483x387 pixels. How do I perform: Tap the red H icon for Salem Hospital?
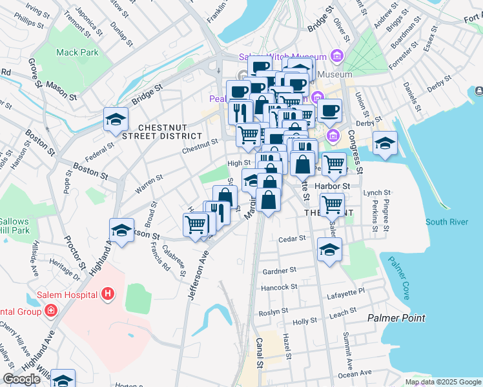pyautogui.click(x=108, y=295)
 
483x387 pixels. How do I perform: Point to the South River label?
pyautogui.click(x=447, y=222)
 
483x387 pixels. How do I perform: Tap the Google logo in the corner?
pyautogui.click(x=21, y=379)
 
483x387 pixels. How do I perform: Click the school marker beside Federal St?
pyautogui.click(x=116, y=119)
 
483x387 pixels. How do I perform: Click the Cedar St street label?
pyautogui.click(x=291, y=239)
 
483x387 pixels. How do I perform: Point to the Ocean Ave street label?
pyautogui.click(x=355, y=373)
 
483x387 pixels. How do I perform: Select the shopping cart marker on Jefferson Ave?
pyautogui.click(x=196, y=226)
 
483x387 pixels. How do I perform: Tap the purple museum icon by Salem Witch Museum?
pyautogui.click(x=336, y=56)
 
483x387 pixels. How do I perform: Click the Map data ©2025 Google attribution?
pyautogui.click(x=442, y=382)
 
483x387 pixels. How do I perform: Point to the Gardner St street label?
pyautogui.click(x=279, y=270)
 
